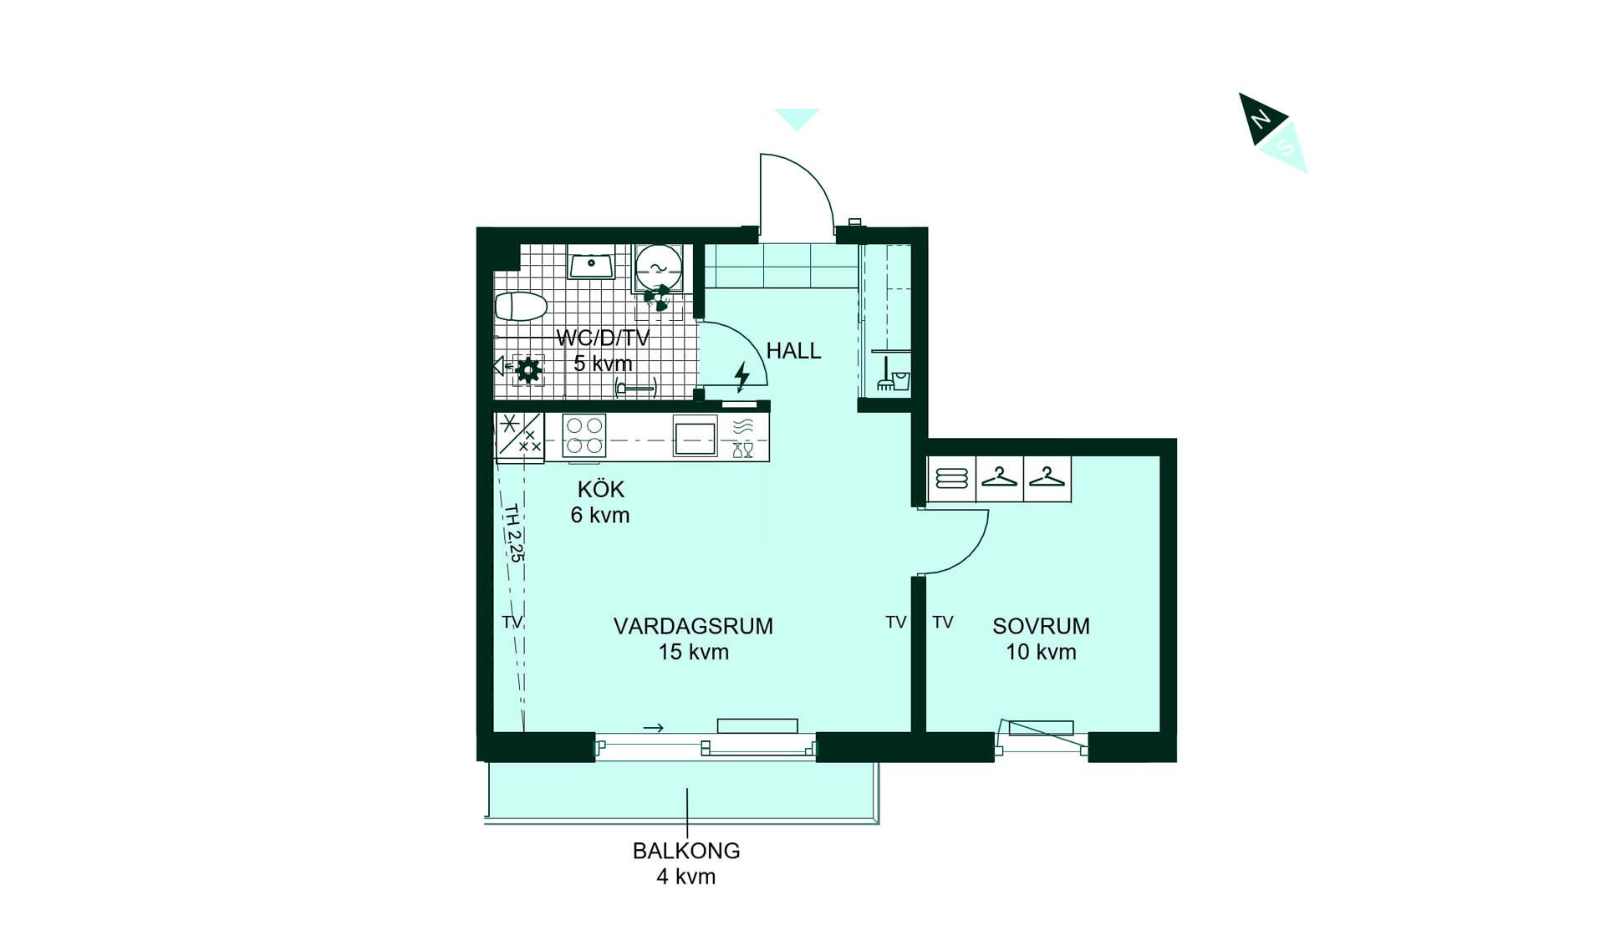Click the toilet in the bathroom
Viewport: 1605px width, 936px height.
(x=521, y=307)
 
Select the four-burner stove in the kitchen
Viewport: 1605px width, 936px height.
(x=583, y=435)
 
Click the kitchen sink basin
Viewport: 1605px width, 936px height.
(x=695, y=437)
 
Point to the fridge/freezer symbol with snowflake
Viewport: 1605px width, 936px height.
(x=519, y=435)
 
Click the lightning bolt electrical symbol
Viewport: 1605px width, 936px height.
(x=741, y=376)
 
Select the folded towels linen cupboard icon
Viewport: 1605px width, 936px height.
(x=951, y=478)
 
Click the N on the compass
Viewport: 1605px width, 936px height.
(x=1259, y=119)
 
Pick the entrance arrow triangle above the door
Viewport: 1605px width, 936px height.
(x=797, y=119)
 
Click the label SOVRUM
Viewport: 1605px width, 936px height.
(x=1041, y=626)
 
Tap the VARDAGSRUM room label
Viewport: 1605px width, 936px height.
(x=693, y=626)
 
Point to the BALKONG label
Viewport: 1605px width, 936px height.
(x=686, y=851)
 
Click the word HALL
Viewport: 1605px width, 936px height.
(x=793, y=351)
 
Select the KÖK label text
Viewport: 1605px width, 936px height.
(x=600, y=489)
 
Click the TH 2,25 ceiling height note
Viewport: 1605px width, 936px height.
(x=513, y=533)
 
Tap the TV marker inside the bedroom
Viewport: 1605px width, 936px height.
(x=943, y=622)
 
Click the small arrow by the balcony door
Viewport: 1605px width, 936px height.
(x=653, y=728)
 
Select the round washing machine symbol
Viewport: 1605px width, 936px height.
(x=658, y=267)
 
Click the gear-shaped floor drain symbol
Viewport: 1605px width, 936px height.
(x=528, y=369)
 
